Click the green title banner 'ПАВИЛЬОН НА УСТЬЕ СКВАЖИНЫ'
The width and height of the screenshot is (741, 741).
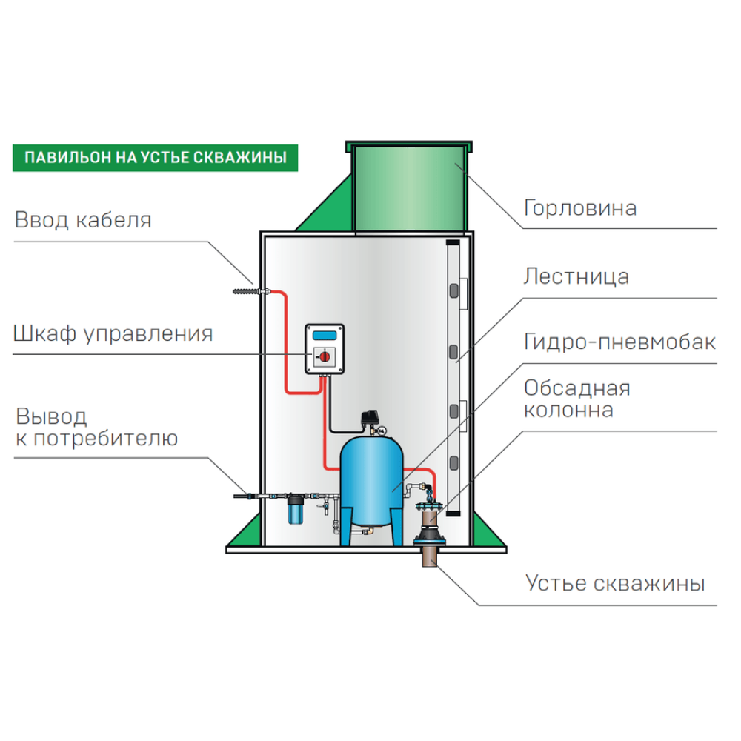(x=149, y=158)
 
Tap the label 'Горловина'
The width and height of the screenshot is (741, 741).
(x=580, y=207)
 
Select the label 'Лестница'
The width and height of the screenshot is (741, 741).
(x=576, y=277)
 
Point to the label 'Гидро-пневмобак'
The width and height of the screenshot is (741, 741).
(x=619, y=342)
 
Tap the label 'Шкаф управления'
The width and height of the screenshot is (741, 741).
(x=113, y=334)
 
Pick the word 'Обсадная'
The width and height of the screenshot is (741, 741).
(x=576, y=388)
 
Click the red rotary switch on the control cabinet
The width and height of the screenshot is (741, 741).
(x=324, y=358)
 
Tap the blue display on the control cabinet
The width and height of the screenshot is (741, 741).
(x=325, y=336)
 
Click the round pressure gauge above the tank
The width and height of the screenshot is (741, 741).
(x=382, y=428)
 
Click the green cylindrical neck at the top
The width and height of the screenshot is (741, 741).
(x=408, y=187)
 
